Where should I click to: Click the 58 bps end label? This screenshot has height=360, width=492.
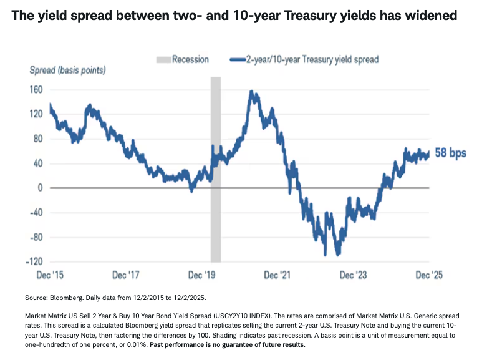click(450, 153)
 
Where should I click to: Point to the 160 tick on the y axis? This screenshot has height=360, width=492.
click(36, 90)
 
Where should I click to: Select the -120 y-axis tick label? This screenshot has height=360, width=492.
click(34, 261)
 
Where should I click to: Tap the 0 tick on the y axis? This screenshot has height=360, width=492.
click(39, 188)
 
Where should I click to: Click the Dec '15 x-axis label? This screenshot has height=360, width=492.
click(49, 275)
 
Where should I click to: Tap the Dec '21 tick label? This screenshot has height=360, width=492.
click(278, 275)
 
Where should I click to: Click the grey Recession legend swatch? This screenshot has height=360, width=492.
click(163, 60)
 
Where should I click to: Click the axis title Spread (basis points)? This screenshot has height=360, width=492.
click(67, 70)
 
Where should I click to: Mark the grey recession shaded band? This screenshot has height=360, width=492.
click(215, 168)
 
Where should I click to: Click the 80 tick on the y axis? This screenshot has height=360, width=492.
click(37, 139)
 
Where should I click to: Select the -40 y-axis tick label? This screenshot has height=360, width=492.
click(36, 212)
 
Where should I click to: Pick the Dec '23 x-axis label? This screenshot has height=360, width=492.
click(354, 275)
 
